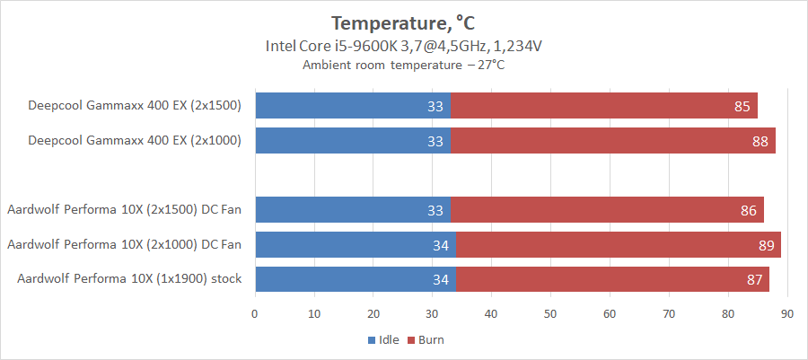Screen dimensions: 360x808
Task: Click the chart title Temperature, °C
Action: click(403, 22)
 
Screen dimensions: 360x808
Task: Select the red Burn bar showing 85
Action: click(603, 106)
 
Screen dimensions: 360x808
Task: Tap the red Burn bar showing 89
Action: click(618, 244)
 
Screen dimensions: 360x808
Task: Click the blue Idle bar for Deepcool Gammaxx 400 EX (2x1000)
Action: click(352, 141)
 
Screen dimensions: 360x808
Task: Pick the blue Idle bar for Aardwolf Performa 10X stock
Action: click(355, 279)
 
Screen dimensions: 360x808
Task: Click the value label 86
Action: click(747, 210)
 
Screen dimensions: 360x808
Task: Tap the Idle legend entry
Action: click(382, 340)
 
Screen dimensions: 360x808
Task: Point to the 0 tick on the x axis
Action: click(255, 313)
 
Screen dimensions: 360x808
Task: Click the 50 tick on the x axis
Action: click(550, 313)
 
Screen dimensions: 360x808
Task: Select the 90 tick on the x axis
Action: click(786, 313)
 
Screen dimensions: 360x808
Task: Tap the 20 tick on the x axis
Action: click(373, 313)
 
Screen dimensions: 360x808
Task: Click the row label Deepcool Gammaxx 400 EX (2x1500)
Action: click(135, 106)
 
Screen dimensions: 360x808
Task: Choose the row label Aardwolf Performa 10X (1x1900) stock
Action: click(129, 279)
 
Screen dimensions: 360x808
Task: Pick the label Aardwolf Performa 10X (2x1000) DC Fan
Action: click(124, 244)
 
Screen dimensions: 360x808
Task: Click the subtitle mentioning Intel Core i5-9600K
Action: click(403, 46)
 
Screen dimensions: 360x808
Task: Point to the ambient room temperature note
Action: click(403, 65)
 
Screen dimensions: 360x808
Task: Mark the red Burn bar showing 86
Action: click(606, 210)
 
